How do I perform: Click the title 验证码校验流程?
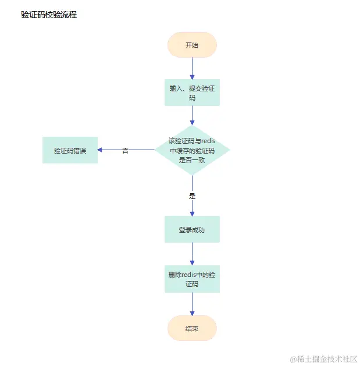(48, 15)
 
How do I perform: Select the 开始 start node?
(192, 45)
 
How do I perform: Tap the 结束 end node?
(192, 328)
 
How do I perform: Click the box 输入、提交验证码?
(192, 93)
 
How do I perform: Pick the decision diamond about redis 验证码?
(192, 150)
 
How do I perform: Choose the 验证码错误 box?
(70, 150)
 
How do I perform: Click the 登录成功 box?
(192, 229)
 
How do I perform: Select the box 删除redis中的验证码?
(192, 279)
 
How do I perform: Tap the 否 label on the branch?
(125, 150)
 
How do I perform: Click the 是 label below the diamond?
(192, 196)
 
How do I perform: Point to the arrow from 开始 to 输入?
(192, 68)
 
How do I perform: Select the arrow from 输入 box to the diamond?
(192, 115)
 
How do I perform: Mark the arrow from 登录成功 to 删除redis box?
(192, 254)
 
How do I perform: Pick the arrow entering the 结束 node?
(192, 304)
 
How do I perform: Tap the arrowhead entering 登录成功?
(192, 213)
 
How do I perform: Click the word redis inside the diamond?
(208, 140)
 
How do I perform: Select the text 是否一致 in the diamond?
(192, 159)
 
